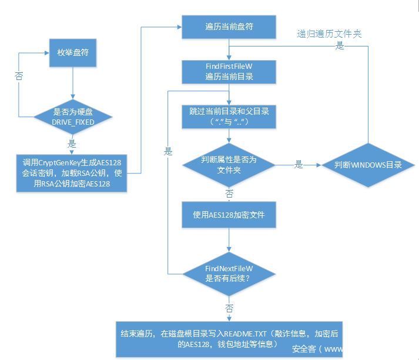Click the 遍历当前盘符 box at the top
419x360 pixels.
pyautogui.click(x=228, y=27)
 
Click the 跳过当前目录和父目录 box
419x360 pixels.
pyautogui.click(x=228, y=116)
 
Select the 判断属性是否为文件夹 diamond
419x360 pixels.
pyautogui.click(x=228, y=165)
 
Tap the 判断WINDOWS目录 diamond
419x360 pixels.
pyautogui.click(x=368, y=165)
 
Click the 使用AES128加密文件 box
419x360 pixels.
pyautogui.click(x=228, y=215)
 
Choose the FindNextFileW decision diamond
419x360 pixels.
pyautogui.click(x=228, y=274)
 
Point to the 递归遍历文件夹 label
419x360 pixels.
pyautogui.click(x=329, y=34)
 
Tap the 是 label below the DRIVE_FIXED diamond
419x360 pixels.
pyautogui.click(x=72, y=144)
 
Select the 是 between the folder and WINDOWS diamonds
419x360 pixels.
pyautogui.click(x=299, y=165)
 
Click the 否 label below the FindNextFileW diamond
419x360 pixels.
pyautogui.click(x=228, y=308)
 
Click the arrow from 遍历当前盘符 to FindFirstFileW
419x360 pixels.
pyautogui.click(x=228, y=50)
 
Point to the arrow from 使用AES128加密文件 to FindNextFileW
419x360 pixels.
pyautogui.click(x=228, y=241)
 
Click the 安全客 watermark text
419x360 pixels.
pyautogui.click(x=304, y=348)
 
